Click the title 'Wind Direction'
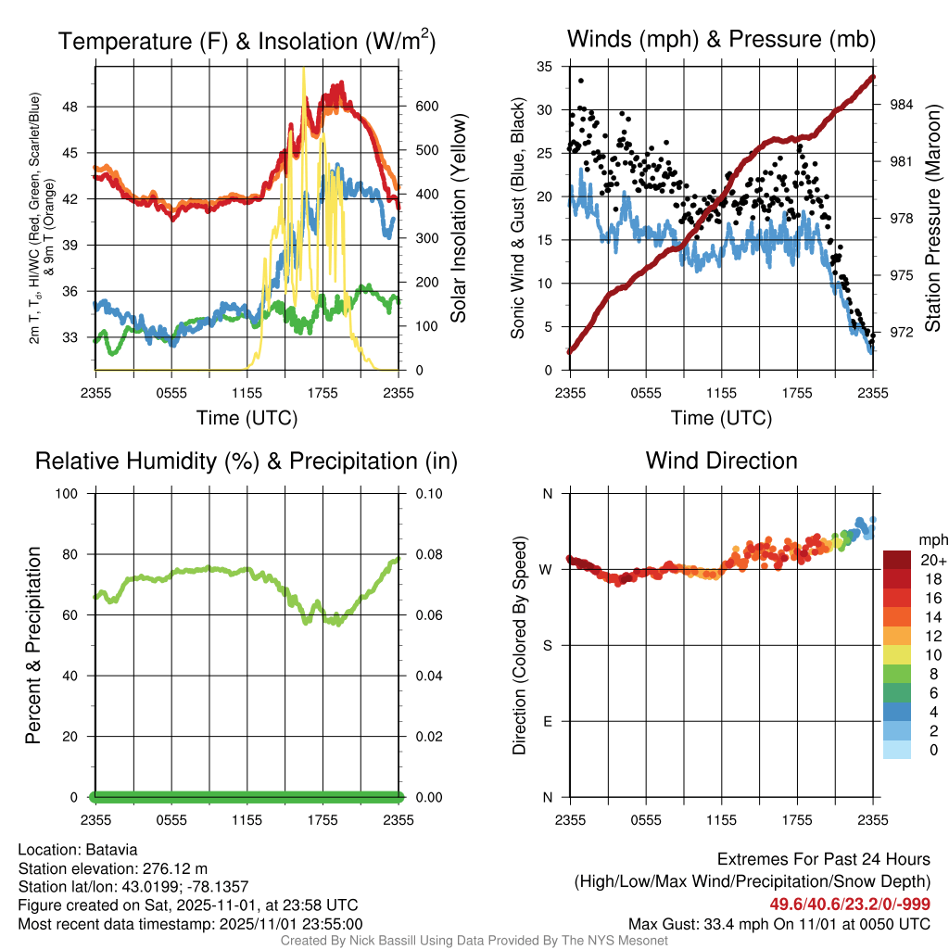coord(721,461)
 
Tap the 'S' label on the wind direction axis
coord(548,645)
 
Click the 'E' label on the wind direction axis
coord(548,721)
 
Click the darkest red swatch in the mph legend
coord(897,560)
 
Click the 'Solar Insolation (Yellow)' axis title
coord(458,219)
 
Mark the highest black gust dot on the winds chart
coord(581,81)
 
